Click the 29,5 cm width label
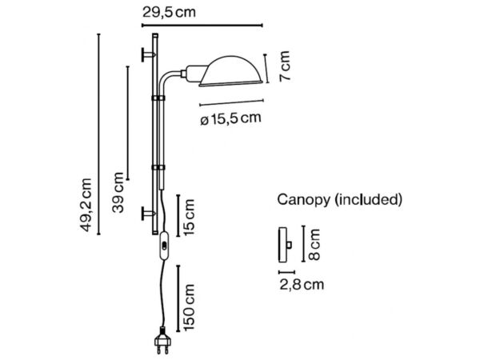click(x=169, y=13)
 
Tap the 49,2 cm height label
click(x=85, y=205)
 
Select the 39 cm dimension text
click(x=118, y=193)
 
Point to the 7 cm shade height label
click(x=284, y=66)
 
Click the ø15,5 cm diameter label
click(x=231, y=118)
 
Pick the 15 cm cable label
click(x=189, y=217)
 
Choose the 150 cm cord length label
click(x=189, y=307)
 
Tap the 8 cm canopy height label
click(x=314, y=244)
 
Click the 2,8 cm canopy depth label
click(x=302, y=285)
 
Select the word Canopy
click(x=304, y=200)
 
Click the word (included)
click(x=368, y=200)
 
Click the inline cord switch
click(x=164, y=246)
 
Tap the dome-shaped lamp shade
click(x=230, y=71)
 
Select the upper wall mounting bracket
click(x=148, y=54)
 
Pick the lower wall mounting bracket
click(x=148, y=213)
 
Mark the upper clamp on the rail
click(x=158, y=98)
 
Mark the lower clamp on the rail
click(x=158, y=168)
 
